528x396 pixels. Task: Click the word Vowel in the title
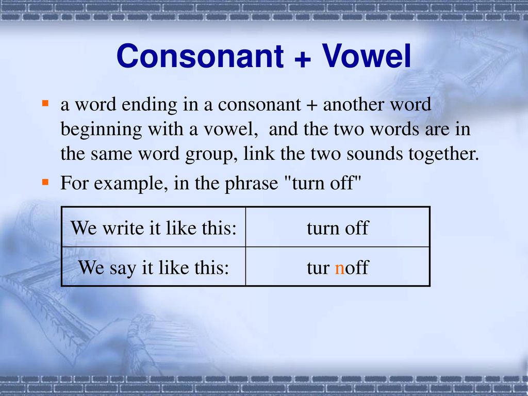click(x=367, y=56)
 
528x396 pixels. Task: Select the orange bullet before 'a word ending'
click(x=45, y=104)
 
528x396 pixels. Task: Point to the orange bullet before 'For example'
click(x=45, y=182)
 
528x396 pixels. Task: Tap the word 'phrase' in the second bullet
click(x=253, y=184)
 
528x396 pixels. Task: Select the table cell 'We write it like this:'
click(x=153, y=227)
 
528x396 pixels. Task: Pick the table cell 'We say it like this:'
click(x=153, y=267)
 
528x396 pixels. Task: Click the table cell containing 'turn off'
click(x=338, y=227)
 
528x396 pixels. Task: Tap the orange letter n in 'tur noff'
click(x=339, y=268)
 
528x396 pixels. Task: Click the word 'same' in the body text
click(x=110, y=154)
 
